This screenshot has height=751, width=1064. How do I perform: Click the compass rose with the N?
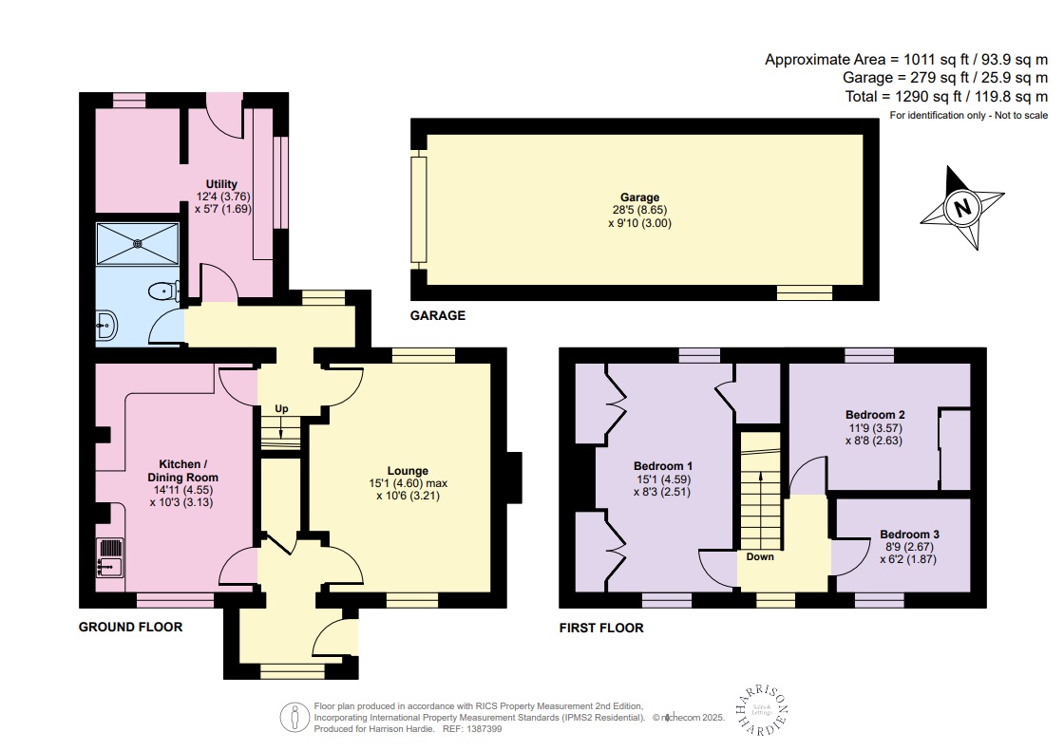(x=962, y=208)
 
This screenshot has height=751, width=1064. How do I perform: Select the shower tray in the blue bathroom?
(x=138, y=243)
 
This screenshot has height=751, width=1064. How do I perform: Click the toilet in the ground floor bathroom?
(x=166, y=292)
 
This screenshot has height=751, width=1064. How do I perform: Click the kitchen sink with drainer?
(x=111, y=558)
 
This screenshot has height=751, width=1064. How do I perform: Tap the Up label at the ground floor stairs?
(x=281, y=409)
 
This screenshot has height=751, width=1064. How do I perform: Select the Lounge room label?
(x=408, y=471)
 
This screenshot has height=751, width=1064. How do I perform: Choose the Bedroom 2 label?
(x=874, y=415)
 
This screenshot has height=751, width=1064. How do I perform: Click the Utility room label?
(x=221, y=184)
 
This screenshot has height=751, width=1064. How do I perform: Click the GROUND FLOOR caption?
(x=130, y=628)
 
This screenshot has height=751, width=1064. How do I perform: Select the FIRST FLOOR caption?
(x=601, y=628)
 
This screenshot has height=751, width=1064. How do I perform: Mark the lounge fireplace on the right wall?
(x=513, y=477)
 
